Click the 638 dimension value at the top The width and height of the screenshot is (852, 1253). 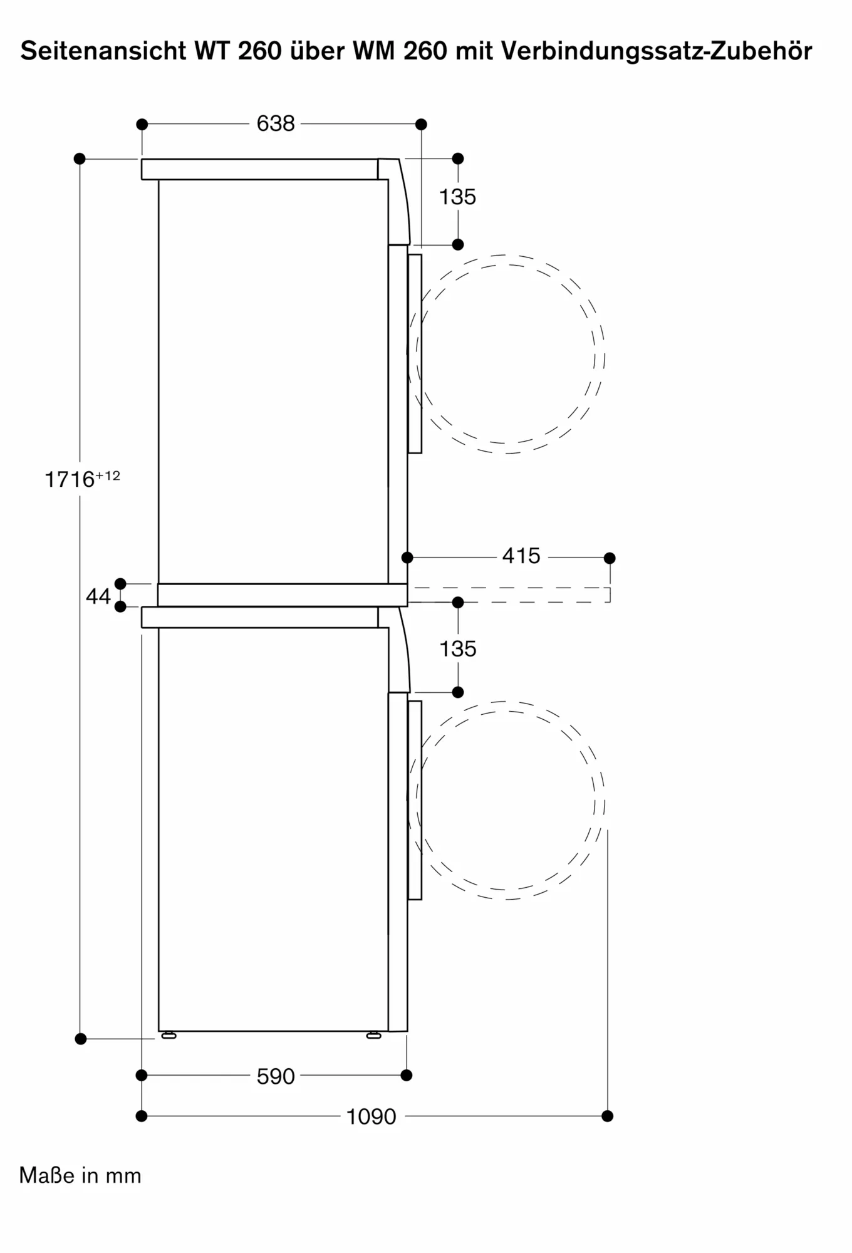(276, 123)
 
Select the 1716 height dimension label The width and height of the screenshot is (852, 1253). (70, 480)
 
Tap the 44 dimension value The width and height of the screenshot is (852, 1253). (98, 596)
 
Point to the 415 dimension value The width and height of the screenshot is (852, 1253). (521, 556)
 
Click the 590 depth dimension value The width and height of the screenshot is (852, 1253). (275, 1076)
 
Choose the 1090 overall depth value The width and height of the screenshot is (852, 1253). (371, 1116)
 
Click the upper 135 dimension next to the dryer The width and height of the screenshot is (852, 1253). (457, 197)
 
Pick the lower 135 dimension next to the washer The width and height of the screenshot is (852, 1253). (457, 648)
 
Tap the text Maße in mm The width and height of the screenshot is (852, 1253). (80, 1175)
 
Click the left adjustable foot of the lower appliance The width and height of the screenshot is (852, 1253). (169, 1036)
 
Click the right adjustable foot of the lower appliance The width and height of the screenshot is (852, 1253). (374, 1036)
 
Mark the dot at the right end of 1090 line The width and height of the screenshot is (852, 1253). (607, 1116)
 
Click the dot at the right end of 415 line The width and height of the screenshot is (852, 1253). (610, 558)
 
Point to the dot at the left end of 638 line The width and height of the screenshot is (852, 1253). (142, 124)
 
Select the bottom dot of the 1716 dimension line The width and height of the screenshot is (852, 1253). (80, 1039)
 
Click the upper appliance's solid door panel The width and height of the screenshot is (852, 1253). (415, 353)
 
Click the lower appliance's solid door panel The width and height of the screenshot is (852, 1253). (415, 800)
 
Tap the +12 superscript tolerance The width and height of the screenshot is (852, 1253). (108, 476)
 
